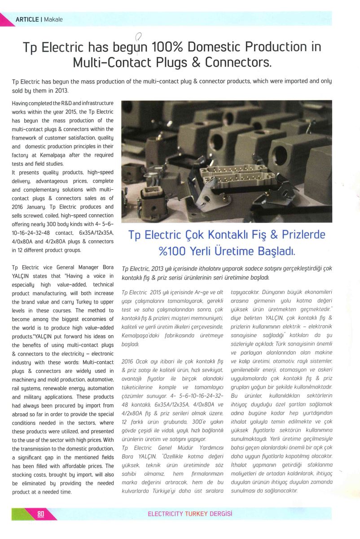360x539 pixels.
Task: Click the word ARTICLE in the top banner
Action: tap(26, 19)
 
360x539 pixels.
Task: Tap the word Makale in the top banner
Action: tap(53, 19)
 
